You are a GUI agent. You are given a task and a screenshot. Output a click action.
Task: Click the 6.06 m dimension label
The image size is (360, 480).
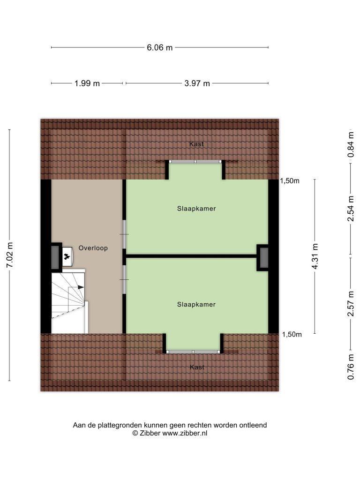(159, 47)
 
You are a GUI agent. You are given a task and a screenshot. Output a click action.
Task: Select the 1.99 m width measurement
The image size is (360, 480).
(87, 83)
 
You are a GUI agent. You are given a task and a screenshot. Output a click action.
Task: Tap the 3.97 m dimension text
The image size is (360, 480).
(197, 83)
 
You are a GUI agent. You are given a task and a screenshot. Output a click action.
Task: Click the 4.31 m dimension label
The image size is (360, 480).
(315, 256)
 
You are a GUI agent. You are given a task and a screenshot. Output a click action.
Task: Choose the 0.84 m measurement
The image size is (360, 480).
(351, 144)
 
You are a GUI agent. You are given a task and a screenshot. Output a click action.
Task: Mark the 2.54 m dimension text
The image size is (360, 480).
(351, 209)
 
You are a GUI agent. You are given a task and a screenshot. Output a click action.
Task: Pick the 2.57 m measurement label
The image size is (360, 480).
(351, 303)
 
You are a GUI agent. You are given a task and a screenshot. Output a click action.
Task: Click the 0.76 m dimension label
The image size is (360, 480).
(351, 367)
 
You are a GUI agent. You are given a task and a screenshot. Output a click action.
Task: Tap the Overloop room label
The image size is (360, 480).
(93, 248)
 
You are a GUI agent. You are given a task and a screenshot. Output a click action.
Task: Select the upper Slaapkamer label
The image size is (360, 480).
(196, 209)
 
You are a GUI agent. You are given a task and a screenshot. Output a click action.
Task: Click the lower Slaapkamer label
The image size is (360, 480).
(196, 304)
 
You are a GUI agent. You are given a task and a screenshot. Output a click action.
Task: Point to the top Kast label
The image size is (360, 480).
(196, 144)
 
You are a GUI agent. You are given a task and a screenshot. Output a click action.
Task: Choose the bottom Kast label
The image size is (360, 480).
(197, 367)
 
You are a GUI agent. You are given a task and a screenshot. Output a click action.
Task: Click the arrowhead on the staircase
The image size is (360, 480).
(81, 287)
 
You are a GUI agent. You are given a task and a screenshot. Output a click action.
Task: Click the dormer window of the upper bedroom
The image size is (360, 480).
(196, 161)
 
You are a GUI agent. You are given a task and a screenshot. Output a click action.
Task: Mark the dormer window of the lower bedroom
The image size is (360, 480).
(194, 352)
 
